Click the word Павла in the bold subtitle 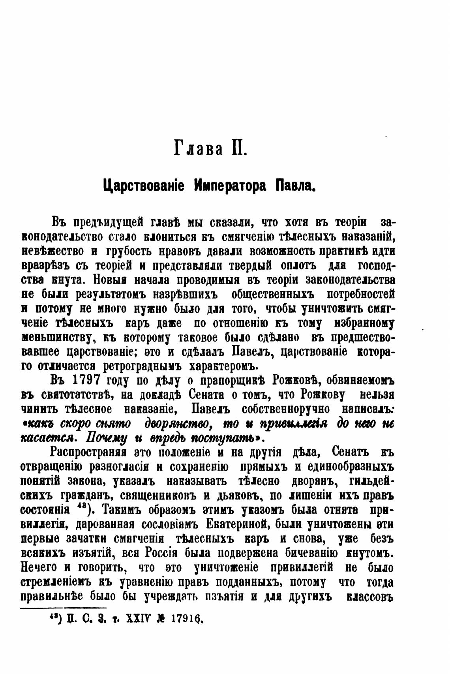tap(296, 185)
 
